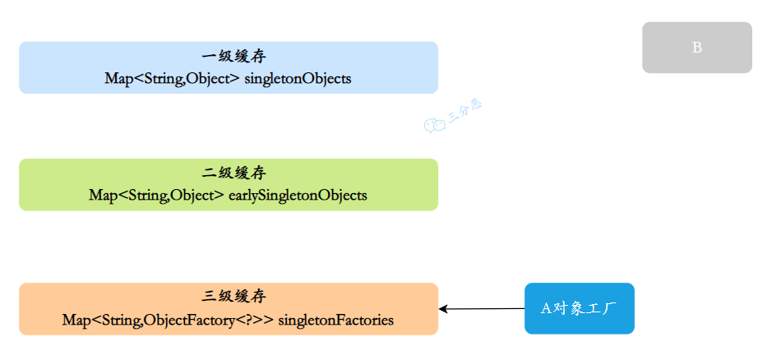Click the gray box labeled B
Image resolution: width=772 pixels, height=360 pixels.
697,48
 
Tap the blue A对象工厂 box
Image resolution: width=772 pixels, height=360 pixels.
580,308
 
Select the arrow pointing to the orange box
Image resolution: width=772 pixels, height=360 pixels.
482,309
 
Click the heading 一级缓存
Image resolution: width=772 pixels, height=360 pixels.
233,57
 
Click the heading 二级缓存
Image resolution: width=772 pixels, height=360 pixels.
233,173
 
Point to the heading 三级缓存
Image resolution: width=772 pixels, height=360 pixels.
233,297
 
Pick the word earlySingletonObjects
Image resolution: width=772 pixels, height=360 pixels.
298,195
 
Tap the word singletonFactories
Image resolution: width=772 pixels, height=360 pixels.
335,320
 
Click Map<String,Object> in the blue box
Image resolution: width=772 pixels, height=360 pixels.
172,79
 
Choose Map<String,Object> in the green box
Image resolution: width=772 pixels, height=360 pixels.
156,195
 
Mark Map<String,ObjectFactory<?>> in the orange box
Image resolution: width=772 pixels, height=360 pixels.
168,320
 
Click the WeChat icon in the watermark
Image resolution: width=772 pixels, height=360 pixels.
435,125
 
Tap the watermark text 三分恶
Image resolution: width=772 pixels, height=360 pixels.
465,111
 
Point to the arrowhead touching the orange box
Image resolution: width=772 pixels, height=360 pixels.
442,309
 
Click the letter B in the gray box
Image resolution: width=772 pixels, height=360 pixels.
697,48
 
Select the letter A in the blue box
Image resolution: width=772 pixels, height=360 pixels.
546,309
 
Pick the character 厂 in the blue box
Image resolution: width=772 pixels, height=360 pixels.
611,308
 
